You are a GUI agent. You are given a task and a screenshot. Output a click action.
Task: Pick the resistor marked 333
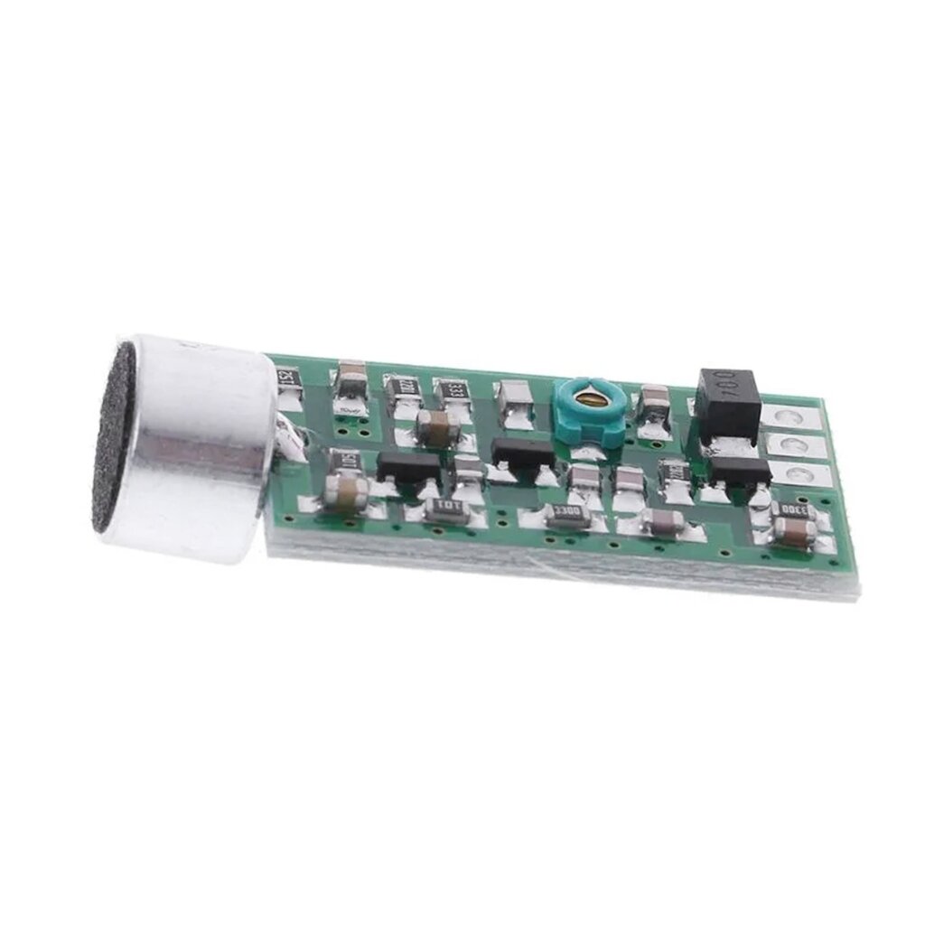pyautogui.click(x=454, y=391)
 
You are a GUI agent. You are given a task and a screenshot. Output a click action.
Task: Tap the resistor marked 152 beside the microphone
pyautogui.click(x=286, y=377)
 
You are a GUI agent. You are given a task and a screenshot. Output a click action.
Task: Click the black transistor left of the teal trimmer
pyautogui.click(x=522, y=451)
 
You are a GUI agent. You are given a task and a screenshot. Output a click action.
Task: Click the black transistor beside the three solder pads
pyautogui.click(x=740, y=469)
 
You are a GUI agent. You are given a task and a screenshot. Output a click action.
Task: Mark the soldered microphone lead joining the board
pyautogui.click(x=294, y=442)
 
